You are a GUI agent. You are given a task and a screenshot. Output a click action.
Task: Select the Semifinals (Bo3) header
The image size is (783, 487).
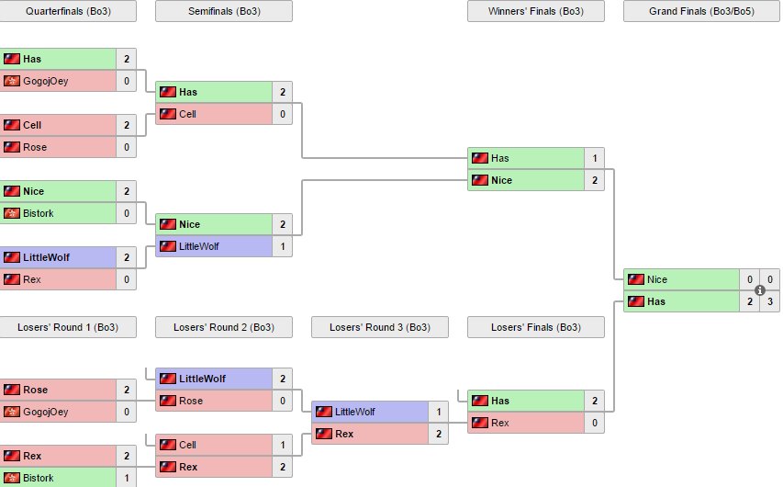[x=224, y=11]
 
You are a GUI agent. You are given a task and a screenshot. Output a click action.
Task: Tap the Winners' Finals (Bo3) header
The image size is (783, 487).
[x=536, y=11]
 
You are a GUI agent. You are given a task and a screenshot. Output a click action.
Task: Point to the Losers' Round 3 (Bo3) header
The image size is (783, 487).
[x=380, y=327]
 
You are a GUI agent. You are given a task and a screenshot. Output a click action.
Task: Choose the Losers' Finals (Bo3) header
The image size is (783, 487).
[x=536, y=327]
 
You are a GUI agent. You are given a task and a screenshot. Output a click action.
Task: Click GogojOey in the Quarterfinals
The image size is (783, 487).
[x=45, y=81]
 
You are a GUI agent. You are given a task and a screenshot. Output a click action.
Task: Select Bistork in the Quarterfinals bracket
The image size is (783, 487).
[x=38, y=213]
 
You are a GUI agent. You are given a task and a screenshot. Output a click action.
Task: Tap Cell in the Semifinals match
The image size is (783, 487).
[x=187, y=114]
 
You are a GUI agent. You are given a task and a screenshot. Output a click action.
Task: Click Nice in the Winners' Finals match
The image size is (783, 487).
[x=501, y=180]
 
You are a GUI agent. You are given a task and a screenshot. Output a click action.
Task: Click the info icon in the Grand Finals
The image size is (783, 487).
[x=760, y=290]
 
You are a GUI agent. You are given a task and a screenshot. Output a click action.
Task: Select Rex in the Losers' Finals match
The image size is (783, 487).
[x=499, y=423]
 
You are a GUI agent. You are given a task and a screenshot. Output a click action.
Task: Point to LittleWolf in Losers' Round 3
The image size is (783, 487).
[x=355, y=412]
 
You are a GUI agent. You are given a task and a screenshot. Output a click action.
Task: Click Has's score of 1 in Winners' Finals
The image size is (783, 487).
[x=594, y=158]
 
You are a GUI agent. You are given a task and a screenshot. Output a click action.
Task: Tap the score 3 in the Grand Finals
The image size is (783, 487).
[x=770, y=301]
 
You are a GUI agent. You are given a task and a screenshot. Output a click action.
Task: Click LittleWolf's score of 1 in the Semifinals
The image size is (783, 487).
[x=282, y=246]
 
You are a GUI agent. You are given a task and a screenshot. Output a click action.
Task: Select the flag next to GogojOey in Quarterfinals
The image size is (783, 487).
[x=12, y=81]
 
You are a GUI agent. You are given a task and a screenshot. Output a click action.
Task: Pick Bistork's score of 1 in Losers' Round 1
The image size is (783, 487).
[x=127, y=478]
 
